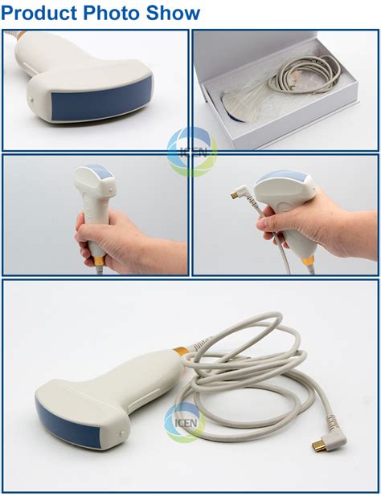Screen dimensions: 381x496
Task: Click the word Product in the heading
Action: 39,13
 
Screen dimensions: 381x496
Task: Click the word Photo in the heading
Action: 111,13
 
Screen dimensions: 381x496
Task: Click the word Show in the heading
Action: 173,13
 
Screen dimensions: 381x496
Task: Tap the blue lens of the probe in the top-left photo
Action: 101,99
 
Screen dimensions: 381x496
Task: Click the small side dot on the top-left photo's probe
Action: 31,100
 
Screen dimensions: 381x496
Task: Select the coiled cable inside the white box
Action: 305,75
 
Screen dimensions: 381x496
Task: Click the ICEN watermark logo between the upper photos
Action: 192,152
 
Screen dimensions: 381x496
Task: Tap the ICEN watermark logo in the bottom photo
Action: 185,422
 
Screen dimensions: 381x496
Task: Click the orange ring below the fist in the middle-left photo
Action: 99,261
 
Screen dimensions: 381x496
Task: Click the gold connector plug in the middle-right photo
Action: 235,195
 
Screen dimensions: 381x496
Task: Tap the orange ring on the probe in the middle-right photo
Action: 308,261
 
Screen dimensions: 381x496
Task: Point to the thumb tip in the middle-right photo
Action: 261,224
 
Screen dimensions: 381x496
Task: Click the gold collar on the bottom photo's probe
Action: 181,352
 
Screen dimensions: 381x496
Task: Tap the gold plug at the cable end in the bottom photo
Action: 319,447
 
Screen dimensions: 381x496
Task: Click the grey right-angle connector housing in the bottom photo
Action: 334,441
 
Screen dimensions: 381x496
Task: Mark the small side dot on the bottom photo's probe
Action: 122,433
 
